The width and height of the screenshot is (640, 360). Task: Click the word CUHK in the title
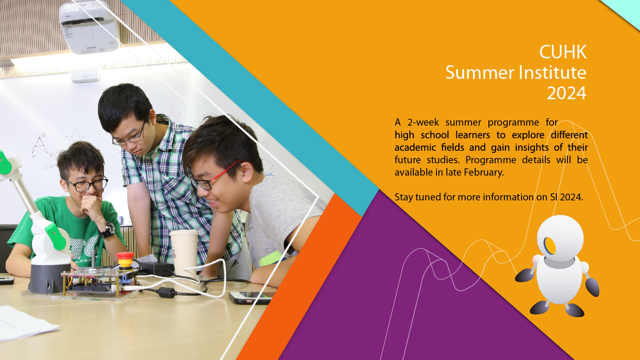tap(563, 52)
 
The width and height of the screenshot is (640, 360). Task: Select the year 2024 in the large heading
tap(566, 93)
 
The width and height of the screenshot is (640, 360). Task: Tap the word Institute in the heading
tap(552, 72)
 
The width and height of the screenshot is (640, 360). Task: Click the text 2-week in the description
tap(423, 122)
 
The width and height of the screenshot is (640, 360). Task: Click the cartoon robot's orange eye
tap(550, 246)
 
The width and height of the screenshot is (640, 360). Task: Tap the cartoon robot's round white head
tap(560, 238)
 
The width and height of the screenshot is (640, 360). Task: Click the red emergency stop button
tap(125, 260)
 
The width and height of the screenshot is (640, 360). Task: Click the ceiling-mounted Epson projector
tap(89, 27)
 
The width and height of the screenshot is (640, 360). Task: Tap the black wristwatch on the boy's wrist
tap(108, 230)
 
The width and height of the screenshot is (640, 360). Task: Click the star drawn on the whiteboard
tap(75, 137)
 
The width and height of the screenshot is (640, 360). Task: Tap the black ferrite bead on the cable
tap(167, 292)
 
